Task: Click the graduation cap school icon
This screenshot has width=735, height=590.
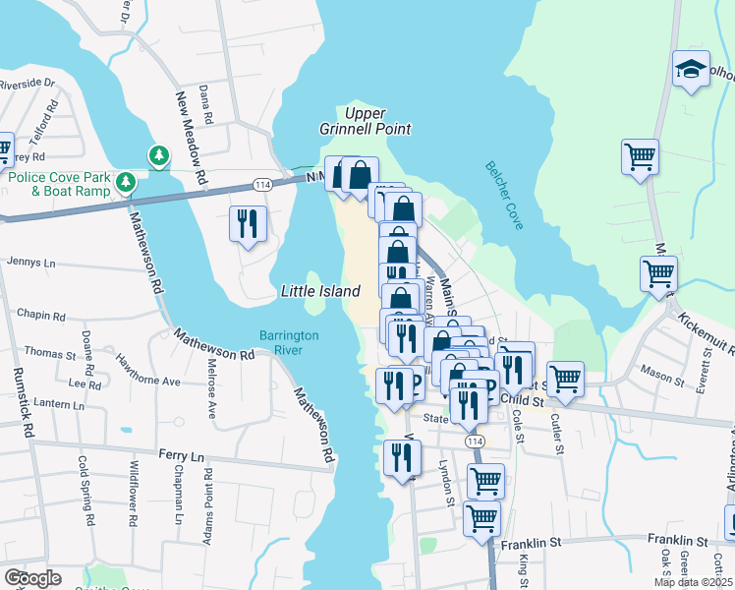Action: tap(691, 70)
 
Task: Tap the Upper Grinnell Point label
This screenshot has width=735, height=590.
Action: tap(365, 121)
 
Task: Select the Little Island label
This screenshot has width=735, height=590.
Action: tap(320, 291)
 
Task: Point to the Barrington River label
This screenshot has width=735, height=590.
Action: tap(289, 342)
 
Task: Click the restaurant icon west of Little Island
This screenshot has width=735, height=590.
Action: tap(248, 222)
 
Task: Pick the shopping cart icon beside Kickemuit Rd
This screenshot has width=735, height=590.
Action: tap(658, 273)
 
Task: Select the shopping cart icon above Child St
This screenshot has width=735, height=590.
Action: tap(565, 378)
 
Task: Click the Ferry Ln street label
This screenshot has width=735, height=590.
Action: tap(181, 455)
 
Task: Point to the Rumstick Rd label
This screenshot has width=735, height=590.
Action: tap(22, 402)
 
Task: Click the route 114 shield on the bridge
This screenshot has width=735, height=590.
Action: tap(262, 185)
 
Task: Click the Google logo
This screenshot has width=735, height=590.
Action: tap(32, 578)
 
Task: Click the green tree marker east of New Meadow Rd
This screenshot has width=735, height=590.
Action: tap(157, 154)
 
